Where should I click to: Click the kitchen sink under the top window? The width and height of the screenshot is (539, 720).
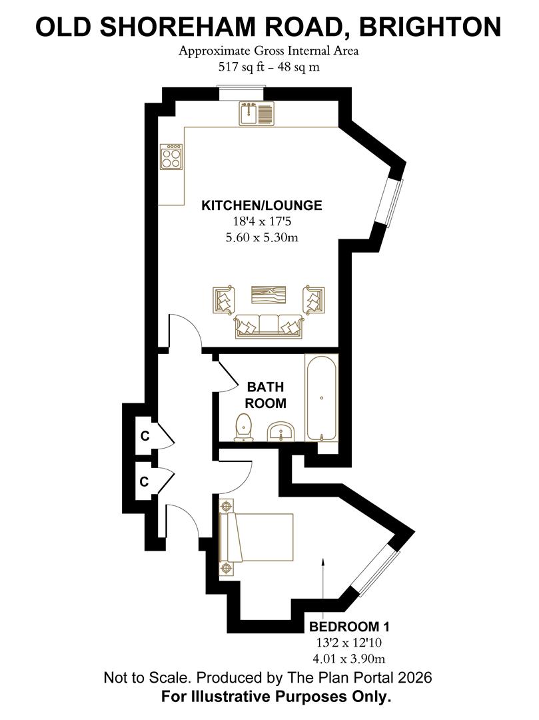pos(257,114)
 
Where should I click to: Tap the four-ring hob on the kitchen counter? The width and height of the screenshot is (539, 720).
pos(171,157)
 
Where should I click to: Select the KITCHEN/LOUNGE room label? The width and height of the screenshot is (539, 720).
pos(262,205)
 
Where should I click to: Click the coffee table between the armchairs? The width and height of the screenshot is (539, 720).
pos(269,295)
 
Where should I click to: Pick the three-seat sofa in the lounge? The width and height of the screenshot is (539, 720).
pos(269,327)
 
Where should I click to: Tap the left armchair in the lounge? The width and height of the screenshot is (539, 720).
pos(225,300)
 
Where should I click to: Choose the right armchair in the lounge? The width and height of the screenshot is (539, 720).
pos(313,300)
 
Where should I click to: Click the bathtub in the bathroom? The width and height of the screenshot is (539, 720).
pos(322,397)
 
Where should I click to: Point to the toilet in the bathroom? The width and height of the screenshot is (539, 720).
pos(244,427)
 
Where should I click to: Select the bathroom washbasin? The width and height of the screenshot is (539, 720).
pos(280,432)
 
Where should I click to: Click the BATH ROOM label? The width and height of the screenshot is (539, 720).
pos(266,395)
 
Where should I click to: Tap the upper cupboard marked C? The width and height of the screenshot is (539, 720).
pos(145,436)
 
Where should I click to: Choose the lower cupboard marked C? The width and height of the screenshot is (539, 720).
pos(145,481)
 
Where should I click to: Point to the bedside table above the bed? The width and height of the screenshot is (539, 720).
pos(226,505)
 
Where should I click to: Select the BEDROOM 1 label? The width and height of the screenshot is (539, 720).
pos(350,626)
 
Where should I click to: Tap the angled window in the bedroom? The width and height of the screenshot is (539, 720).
pos(376,572)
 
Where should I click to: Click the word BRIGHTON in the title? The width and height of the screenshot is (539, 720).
pos(430,27)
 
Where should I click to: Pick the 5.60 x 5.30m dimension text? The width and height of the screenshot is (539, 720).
pos(262,238)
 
